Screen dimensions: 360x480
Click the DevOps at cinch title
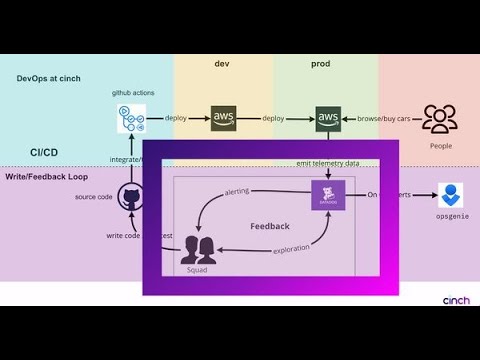(x=48, y=78)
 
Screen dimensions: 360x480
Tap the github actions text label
(x=131, y=92)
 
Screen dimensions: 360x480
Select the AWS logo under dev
(x=225, y=118)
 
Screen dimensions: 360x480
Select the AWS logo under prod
(x=328, y=118)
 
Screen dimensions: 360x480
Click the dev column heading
(x=222, y=64)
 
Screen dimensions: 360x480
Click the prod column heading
(x=320, y=64)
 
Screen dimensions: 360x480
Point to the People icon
(x=439, y=119)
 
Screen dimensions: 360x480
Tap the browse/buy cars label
(x=384, y=118)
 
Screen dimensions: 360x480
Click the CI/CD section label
(x=44, y=152)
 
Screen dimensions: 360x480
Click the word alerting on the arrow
(x=237, y=191)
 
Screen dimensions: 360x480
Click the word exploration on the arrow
(x=291, y=248)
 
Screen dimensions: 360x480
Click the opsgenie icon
(x=453, y=195)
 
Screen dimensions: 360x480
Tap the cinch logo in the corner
(x=455, y=299)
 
